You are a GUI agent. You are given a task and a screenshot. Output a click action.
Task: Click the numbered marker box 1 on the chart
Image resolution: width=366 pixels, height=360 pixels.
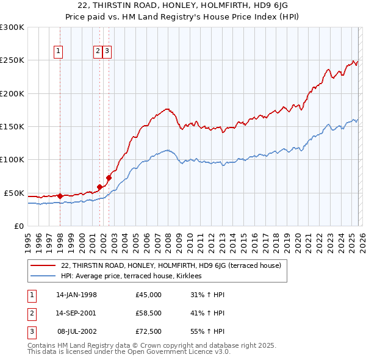59,52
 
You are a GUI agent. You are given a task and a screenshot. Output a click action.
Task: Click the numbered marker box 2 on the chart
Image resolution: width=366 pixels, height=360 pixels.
98,52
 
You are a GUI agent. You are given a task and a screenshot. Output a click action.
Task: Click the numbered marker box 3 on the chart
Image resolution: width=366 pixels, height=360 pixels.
107,52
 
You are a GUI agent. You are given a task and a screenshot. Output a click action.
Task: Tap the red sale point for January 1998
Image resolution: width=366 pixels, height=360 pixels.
60,196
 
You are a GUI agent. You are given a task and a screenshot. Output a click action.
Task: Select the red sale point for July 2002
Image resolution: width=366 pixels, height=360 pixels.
109,178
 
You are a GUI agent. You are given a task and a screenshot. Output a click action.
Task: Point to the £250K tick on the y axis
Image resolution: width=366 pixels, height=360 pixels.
12,60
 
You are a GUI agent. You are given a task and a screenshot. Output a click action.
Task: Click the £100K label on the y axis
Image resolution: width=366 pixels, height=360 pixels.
12,159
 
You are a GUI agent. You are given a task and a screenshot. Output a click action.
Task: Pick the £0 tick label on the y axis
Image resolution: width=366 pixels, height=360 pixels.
18,226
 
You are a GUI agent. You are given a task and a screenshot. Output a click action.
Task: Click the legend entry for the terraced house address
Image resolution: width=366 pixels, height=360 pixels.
171,265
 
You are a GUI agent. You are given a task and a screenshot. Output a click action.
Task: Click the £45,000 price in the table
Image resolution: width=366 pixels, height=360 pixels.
149,295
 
